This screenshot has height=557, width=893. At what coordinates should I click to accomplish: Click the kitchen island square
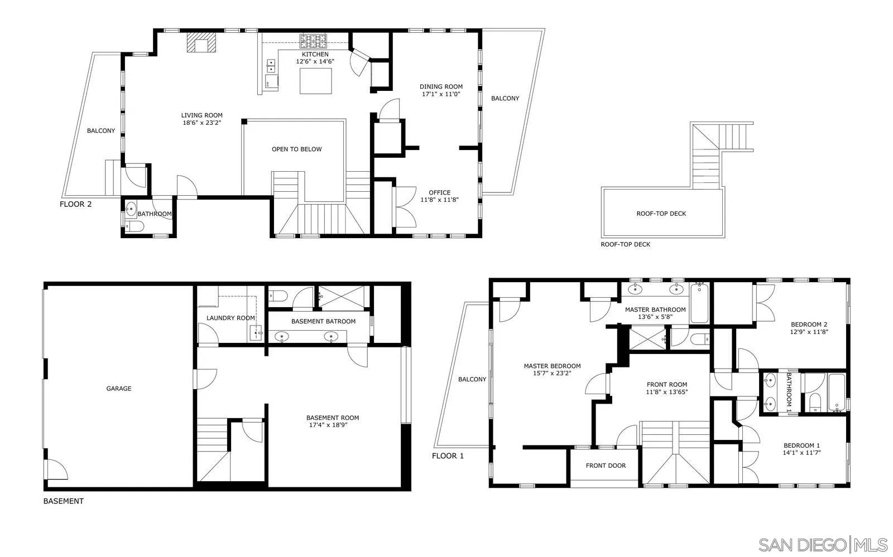[x=316, y=81]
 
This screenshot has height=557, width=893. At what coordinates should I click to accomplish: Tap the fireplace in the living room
[x=201, y=43]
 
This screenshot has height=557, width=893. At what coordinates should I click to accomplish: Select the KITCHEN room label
[x=315, y=54]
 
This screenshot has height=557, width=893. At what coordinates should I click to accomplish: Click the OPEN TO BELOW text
[x=296, y=149]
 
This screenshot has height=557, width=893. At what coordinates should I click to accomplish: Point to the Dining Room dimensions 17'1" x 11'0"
[x=441, y=94]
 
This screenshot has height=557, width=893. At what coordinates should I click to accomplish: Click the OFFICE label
[x=439, y=193]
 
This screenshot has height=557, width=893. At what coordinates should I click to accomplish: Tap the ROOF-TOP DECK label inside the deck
[x=661, y=214]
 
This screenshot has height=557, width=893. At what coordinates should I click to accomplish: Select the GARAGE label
[x=119, y=389]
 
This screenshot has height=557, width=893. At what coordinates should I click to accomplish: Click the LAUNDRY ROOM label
[x=231, y=318]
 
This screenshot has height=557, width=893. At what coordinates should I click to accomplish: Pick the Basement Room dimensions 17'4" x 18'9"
[x=332, y=425]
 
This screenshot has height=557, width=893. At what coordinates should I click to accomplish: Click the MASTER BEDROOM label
[x=552, y=366]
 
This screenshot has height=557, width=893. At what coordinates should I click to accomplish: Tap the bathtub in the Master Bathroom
[x=699, y=303]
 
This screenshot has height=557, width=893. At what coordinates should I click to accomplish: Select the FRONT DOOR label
[x=606, y=466]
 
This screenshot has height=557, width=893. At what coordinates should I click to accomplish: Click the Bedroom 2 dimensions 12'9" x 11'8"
[x=809, y=332]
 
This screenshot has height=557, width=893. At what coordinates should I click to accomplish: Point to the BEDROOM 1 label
[x=801, y=445]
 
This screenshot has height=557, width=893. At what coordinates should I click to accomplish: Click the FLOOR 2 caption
[x=75, y=204]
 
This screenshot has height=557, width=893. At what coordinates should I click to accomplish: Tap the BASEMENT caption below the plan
[x=64, y=501]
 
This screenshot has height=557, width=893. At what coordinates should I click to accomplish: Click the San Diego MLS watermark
[x=823, y=544]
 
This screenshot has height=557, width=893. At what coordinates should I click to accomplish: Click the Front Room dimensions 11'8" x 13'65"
[x=666, y=392]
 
